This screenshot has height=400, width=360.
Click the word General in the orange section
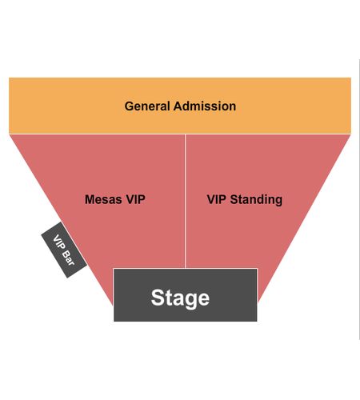click(147, 106)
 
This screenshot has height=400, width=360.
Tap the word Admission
click(205, 106)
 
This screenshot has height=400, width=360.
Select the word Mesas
click(104, 199)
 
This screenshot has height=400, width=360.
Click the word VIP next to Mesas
click(135, 199)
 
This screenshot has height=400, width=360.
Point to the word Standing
click(256, 200)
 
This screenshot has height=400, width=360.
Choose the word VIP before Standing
click(217, 199)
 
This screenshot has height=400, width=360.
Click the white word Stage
click(180, 298)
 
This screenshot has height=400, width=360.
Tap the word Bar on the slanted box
click(68, 258)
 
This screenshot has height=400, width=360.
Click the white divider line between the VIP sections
click(186, 201)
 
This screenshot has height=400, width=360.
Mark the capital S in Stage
click(158, 298)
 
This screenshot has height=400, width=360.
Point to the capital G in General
click(129, 106)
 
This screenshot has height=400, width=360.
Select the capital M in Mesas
click(90, 199)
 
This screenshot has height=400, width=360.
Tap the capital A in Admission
click(178, 106)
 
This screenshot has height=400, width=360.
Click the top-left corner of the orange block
click(9, 78)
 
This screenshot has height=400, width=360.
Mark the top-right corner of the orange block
click(351, 78)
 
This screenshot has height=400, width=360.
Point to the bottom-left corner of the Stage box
click(114, 322)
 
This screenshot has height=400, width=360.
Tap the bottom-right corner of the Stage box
click(257, 322)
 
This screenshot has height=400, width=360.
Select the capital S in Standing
click(234, 199)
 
